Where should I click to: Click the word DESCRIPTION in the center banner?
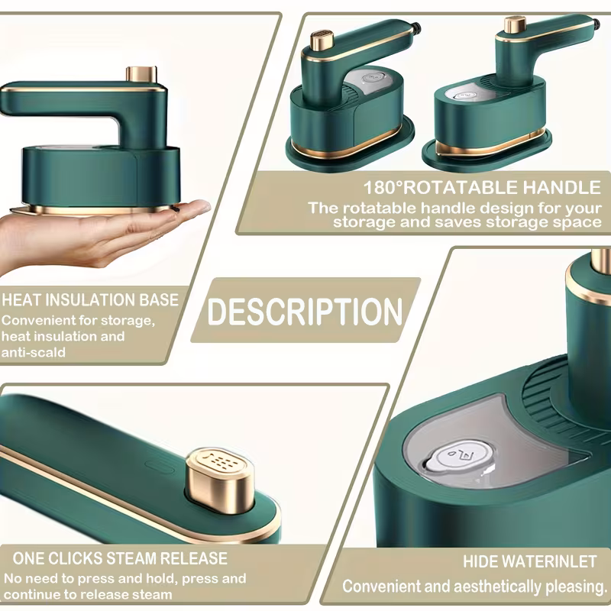tap(305, 312)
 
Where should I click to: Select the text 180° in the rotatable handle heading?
tap(383, 188)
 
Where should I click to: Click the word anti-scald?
tap(34, 352)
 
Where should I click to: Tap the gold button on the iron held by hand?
tap(141, 74)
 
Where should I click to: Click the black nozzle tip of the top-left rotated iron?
tap(416, 27)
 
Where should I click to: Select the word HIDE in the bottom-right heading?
tap(477, 562)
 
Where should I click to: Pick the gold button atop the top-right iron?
tap(515, 24)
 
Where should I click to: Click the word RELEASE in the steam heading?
tap(194, 559)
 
